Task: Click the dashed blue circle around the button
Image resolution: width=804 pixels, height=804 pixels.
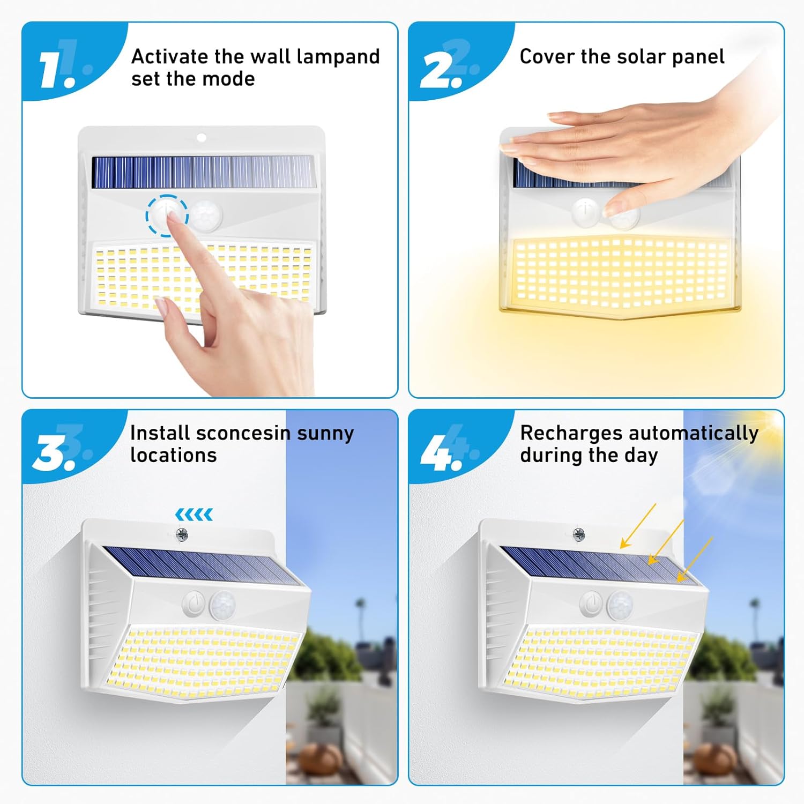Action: click(x=167, y=215)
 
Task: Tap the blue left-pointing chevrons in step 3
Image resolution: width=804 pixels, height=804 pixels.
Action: click(x=194, y=515)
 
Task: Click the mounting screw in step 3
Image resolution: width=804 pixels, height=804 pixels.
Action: click(x=182, y=534)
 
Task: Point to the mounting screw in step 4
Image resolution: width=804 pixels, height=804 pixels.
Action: click(x=579, y=534)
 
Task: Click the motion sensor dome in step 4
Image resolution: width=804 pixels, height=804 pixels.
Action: click(x=620, y=605)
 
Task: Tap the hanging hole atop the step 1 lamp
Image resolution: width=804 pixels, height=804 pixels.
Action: click(x=202, y=138)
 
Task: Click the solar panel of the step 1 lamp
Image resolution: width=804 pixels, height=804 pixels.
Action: click(x=203, y=172)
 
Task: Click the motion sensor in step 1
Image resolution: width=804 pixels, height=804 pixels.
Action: click(x=205, y=216)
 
